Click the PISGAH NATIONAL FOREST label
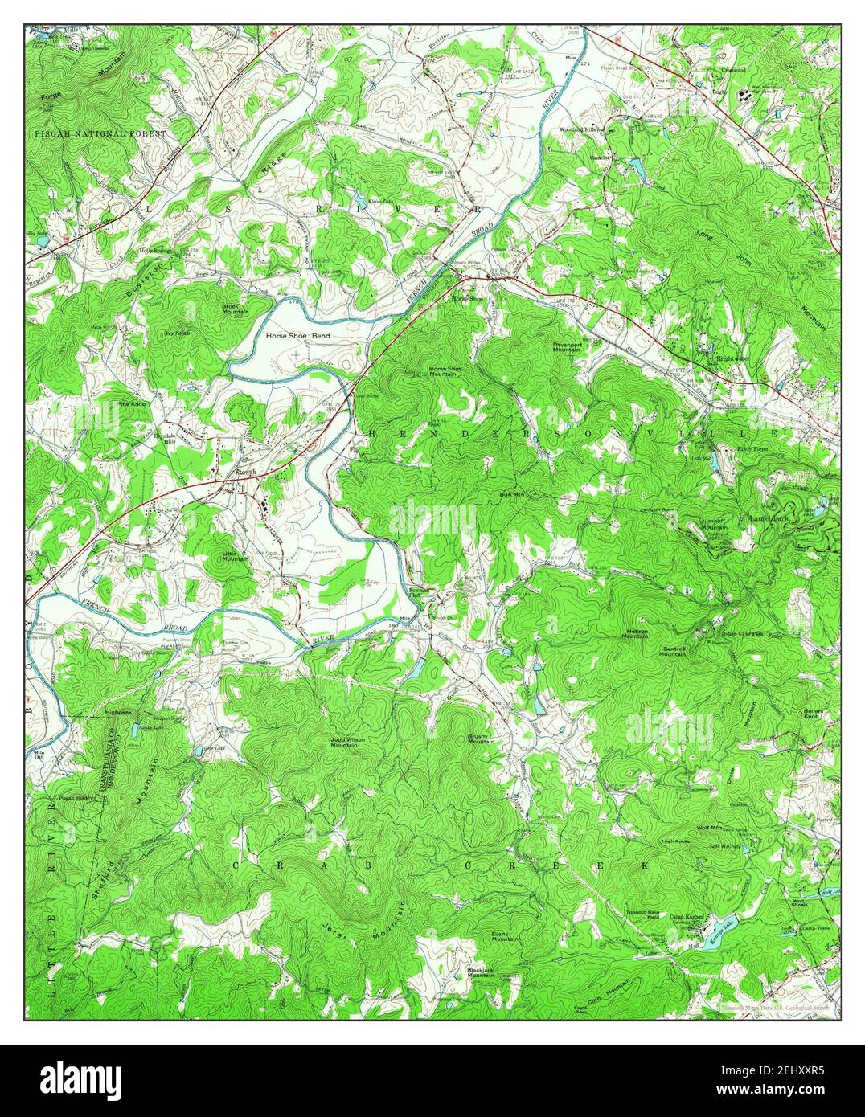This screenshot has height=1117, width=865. coord(100,133)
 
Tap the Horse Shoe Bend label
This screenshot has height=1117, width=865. coord(297,335)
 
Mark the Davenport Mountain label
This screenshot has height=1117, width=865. coord(567,346)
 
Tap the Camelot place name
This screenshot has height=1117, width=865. coord(600,157)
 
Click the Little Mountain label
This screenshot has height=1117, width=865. coord(236,554)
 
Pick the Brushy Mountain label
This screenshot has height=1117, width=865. coord(481,738)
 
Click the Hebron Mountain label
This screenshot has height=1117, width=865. coord(637,633)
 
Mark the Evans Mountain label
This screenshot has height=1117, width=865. coord(504,935)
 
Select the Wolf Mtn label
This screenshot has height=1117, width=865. coord(709,827)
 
